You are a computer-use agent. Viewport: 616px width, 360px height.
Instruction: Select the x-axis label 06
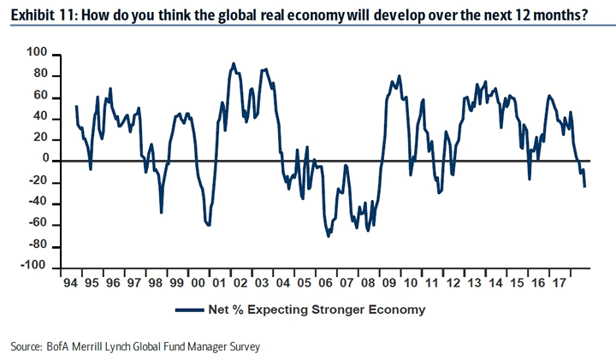click(326, 281)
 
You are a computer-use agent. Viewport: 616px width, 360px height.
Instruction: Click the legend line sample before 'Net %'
click(190, 310)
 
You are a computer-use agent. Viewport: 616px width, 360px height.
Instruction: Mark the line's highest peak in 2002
click(234, 63)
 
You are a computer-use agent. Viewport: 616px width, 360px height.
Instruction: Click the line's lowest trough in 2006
click(329, 236)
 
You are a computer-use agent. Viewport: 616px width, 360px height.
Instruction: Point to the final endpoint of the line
click(585, 186)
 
